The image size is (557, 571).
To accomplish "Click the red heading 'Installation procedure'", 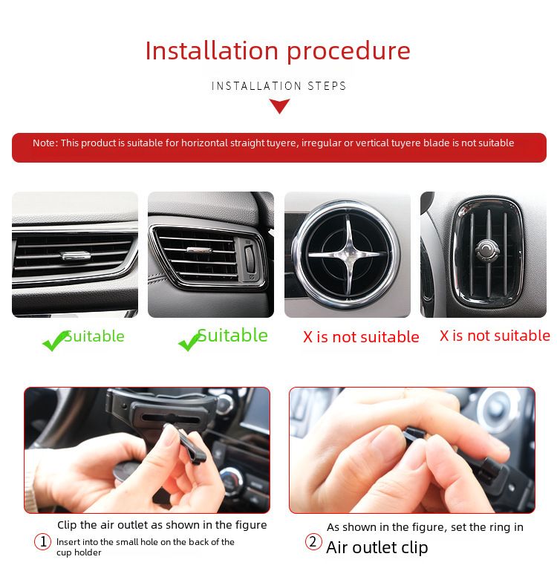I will (x=278, y=50).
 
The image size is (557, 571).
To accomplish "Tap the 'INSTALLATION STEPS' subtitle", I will (x=278, y=86).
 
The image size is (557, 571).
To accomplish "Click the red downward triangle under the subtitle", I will (x=279, y=106).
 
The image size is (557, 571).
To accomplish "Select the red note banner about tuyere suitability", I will (x=278, y=147).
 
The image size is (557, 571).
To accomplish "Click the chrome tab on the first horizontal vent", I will (x=76, y=256).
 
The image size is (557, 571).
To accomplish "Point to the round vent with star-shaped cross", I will (x=347, y=254).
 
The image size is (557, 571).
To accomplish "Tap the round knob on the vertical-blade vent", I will (x=486, y=250).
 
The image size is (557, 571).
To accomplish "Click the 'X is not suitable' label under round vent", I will (x=361, y=337).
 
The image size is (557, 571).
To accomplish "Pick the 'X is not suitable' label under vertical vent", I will (x=495, y=336).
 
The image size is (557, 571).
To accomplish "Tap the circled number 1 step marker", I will (x=42, y=542).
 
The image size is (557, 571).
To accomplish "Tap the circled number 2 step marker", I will (x=313, y=542).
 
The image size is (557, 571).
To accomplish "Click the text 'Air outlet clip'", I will (x=377, y=547).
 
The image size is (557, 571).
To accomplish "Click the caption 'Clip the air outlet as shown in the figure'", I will (x=161, y=525).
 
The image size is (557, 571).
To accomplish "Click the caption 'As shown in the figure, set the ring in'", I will (x=425, y=527).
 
